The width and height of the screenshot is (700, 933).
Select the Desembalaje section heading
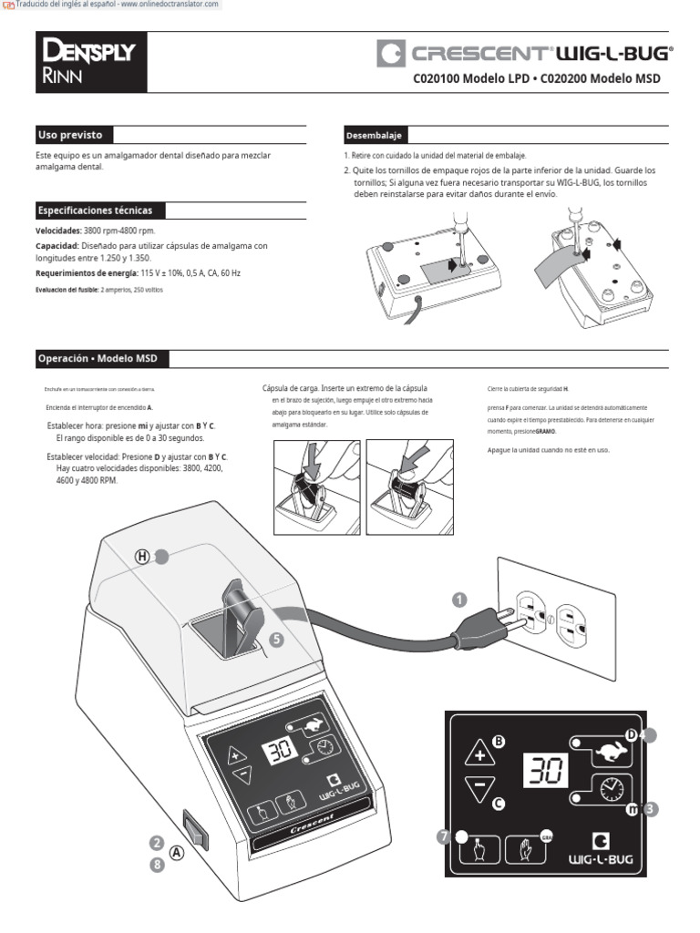click(374, 136)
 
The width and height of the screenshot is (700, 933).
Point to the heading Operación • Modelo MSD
click(97, 358)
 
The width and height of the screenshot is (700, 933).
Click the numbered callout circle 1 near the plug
click(459, 599)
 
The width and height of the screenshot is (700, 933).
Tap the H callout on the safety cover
click(142, 557)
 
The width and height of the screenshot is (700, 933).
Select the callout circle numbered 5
click(277, 640)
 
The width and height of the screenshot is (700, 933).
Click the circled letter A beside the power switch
click(177, 852)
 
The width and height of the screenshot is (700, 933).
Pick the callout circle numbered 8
click(157, 866)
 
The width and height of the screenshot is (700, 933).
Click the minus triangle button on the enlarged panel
click(479, 790)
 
